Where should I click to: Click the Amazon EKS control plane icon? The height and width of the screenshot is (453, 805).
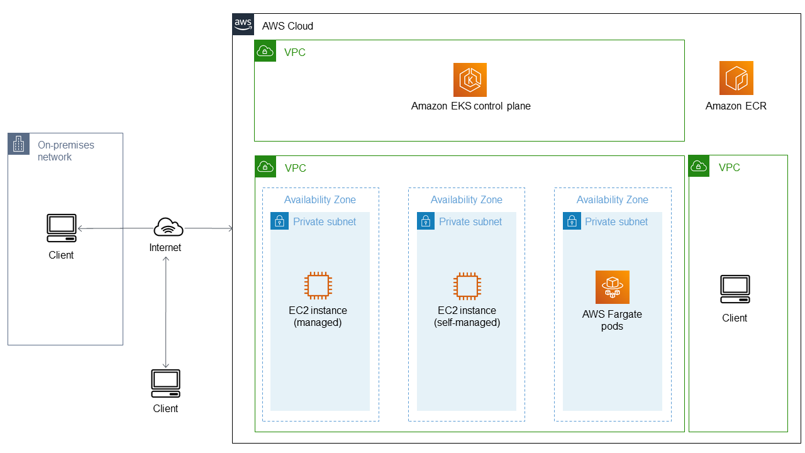470,79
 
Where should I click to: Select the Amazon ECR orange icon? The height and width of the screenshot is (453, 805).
736,78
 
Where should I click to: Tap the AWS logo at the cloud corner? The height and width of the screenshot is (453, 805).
243,24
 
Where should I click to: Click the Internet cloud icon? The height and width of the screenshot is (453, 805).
168,227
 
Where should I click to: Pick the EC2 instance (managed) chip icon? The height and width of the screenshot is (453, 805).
318,285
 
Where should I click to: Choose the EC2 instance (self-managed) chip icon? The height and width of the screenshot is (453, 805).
466,285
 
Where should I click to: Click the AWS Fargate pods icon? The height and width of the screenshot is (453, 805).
612,287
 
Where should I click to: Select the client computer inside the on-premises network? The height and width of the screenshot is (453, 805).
62,228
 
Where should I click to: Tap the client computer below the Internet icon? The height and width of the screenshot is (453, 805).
165,383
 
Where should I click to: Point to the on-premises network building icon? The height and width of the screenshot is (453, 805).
18,144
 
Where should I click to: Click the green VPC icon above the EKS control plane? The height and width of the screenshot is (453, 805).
265,51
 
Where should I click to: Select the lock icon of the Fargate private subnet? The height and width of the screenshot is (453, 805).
572,221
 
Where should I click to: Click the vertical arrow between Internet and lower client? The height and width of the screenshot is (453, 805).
165,311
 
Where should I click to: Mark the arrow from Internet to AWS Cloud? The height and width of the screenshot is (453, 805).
208,228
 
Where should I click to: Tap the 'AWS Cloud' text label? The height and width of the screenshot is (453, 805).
287,26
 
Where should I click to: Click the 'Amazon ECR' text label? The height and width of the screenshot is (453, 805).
736,106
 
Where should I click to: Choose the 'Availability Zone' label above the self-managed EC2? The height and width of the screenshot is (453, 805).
466,199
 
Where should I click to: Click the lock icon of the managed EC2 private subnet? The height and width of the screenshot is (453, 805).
279,221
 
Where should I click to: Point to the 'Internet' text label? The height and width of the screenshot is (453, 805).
165,247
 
